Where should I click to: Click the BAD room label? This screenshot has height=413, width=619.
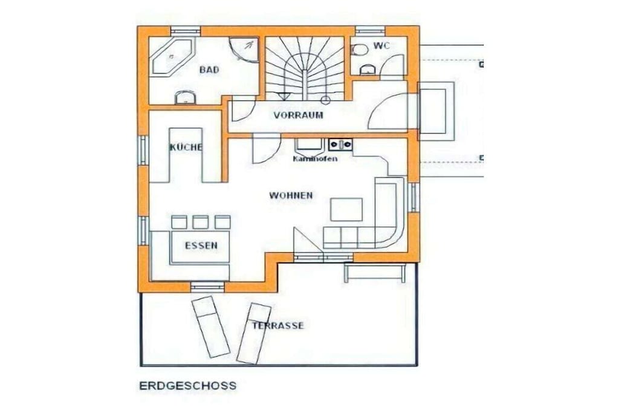click(x=209, y=70)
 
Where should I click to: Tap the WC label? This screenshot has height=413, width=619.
click(x=381, y=46)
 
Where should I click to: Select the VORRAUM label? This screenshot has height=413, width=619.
click(x=299, y=115)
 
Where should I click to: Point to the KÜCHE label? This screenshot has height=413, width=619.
click(x=186, y=148)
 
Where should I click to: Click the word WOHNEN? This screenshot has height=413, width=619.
click(x=291, y=195)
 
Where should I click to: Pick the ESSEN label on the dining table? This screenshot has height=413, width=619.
click(x=201, y=246)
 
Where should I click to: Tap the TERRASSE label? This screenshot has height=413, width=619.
click(x=278, y=326)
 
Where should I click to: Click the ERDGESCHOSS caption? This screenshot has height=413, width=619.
click(x=188, y=386)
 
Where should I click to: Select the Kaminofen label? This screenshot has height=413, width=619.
click(x=315, y=158)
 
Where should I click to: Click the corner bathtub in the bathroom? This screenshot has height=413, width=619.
click(x=172, y=56)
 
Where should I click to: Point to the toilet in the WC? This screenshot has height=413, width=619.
click(x=359, y=50)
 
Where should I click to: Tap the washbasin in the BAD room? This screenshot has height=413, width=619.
click(x=185, y=97)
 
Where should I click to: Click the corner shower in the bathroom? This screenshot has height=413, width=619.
click(x=244, y=50)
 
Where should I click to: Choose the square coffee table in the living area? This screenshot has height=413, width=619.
click(x=346, y=210)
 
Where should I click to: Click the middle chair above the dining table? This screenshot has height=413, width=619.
click(x=201, y=223)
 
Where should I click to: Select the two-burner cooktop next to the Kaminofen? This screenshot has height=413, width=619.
click(x=341, y=145)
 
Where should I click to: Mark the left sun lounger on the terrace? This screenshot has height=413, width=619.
click(x=210, y=327)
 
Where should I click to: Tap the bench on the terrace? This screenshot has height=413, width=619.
click(x=375, y=273)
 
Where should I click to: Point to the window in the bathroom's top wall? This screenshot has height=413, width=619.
click(x=185, y=31)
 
